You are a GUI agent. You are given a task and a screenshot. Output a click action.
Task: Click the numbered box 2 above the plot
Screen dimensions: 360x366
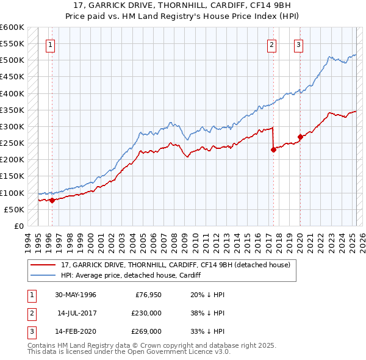(271, 45)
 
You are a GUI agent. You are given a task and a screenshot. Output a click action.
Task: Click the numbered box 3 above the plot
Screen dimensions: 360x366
(298, 45)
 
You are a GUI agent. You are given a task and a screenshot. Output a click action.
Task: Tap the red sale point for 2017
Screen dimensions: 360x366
(273, 149)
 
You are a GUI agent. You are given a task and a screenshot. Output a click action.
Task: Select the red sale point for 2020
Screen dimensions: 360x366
(300, 137)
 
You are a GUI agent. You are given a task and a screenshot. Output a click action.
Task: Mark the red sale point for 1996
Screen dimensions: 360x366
(52, 200)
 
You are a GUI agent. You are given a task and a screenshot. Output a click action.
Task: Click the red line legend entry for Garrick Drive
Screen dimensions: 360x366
(178, 264)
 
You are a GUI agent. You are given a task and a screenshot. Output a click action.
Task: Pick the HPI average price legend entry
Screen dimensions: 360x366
(131, 275)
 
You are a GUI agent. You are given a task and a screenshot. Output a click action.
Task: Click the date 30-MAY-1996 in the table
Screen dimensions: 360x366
(75, 295)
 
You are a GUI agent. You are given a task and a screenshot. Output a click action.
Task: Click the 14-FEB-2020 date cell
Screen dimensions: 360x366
(75, 331)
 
